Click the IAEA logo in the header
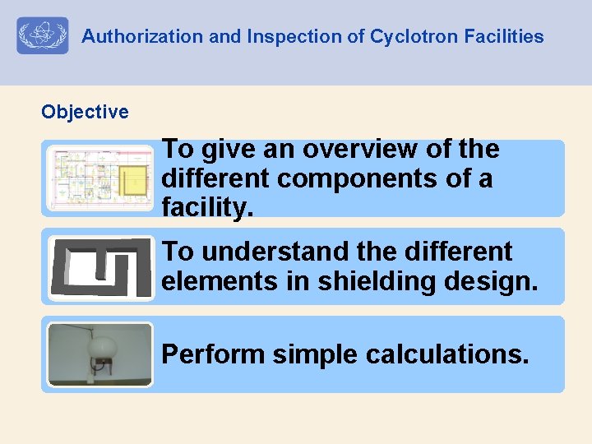(43, 36)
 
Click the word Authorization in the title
(131, 37)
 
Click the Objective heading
(85, 112)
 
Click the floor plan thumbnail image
(99, 178)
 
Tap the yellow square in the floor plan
(131, 179)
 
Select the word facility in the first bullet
(206, 209)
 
